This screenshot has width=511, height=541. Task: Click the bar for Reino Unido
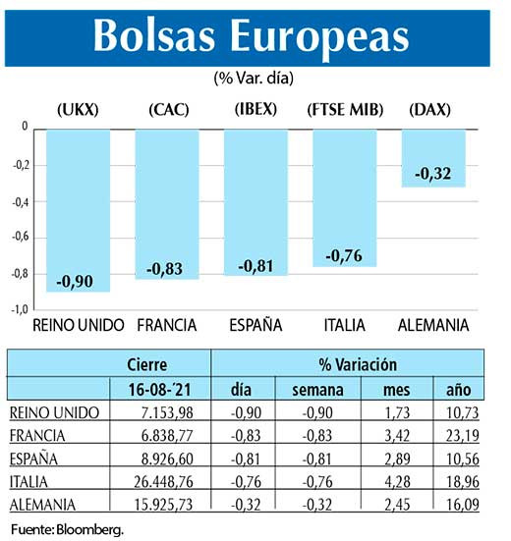coord(78,210)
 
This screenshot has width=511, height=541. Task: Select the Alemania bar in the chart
coord(433,157)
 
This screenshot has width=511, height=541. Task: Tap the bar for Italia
coord(344,196)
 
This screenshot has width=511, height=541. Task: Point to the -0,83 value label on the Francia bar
coord(167,268)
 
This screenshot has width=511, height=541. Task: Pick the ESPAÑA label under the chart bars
coord(255,325)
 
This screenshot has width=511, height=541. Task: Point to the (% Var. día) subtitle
coord(254,77)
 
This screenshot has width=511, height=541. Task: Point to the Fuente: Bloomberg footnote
coord(68,530)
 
